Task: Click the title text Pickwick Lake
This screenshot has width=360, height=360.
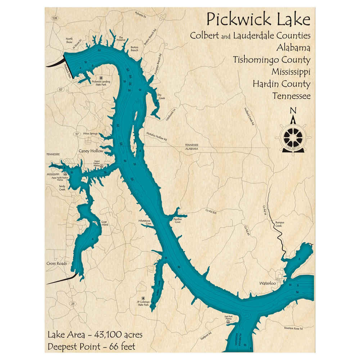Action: [258, 20]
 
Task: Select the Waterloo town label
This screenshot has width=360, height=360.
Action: [267, 283]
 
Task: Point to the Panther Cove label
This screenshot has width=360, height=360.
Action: [177, 220]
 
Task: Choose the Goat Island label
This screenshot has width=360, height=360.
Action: [104, 223]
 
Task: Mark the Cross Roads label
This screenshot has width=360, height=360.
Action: [57, 264]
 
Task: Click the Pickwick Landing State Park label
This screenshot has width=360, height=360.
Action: [101, 83]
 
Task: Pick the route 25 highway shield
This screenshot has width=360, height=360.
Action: [73, 304]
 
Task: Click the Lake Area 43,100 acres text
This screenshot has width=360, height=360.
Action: [95, 335]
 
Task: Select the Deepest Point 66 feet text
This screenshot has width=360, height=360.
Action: [91, 347]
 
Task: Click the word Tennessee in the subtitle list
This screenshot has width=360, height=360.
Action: [291, 96]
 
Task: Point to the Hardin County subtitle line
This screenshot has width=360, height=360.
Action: [281, 84]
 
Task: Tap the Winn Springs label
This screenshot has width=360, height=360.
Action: [90, 134]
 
